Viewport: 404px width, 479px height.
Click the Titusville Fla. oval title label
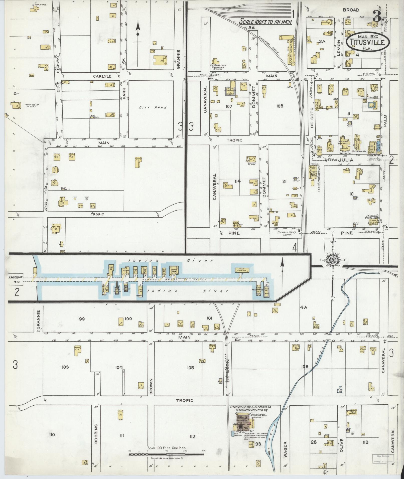(367, 42)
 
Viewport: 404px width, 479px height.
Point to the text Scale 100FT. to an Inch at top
(265, 22)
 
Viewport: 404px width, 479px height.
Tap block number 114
(237, 181)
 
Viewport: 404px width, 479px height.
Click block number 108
(280, 106)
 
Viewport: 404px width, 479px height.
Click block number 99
(82, 319)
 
